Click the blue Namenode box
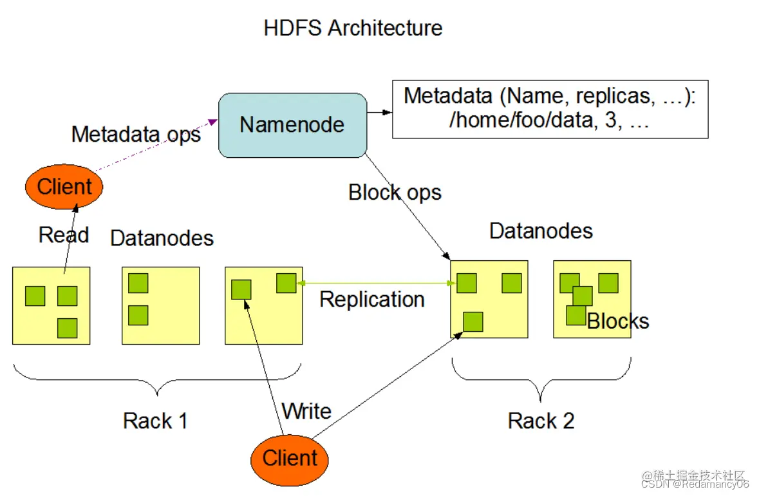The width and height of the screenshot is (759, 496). [x=293, y=125]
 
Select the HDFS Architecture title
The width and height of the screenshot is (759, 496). [x=353, y=28]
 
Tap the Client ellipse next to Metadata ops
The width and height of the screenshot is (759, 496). [x=64, y=187]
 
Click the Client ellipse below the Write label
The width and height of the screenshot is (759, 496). [x=290, y=460]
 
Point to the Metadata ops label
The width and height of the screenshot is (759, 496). [x=136, y=134]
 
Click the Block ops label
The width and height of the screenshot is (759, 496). [x=395, y=193]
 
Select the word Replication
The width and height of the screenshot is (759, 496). [x=371, y=300]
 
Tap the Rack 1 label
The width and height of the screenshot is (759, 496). [x=155, y=421]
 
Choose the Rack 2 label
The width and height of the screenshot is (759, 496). [x=541, y=421]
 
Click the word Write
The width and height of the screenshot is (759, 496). [x=306, y=411]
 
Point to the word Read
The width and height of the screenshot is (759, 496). [x=64, y=235]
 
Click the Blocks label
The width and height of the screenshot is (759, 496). [x=617, y=321]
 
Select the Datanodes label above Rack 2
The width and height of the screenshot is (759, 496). [x=541, y=231]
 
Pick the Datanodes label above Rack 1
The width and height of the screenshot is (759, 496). [x=162, y=238]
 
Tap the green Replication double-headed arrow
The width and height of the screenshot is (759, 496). [x=376, y=283]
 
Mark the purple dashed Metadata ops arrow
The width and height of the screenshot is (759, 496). [x=156, y=145]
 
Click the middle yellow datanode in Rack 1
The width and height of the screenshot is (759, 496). [x=161, y=305]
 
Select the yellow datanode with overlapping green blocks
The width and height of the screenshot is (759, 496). [x=592, y=300]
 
